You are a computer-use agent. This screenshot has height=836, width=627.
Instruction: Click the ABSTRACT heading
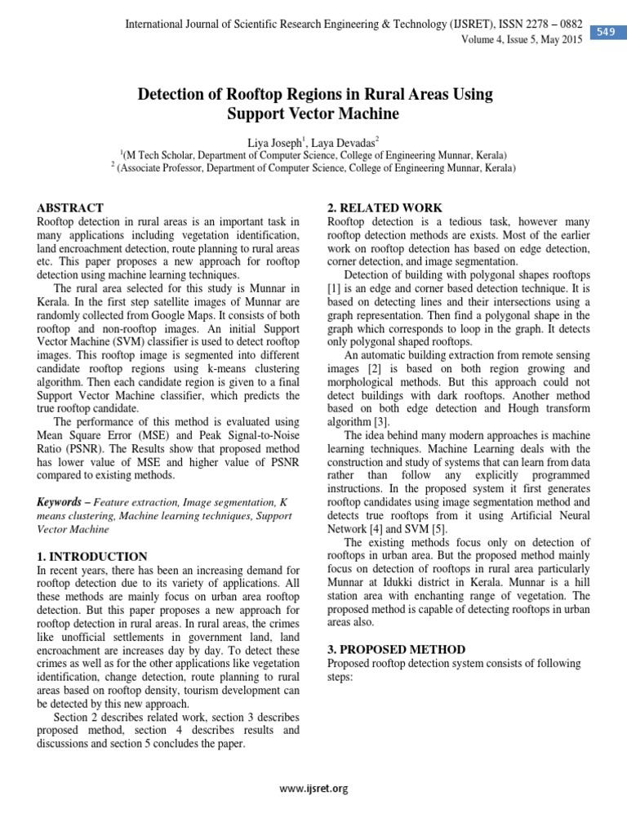[71, 208]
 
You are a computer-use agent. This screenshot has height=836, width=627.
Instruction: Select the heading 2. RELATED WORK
[385, 208]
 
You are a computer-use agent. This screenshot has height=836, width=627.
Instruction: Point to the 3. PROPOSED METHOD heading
[398, 649]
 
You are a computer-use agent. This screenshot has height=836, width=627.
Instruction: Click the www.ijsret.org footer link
[313, 789]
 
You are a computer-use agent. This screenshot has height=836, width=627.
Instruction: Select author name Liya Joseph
[276, 141]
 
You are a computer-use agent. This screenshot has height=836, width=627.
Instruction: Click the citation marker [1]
[333, 289]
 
